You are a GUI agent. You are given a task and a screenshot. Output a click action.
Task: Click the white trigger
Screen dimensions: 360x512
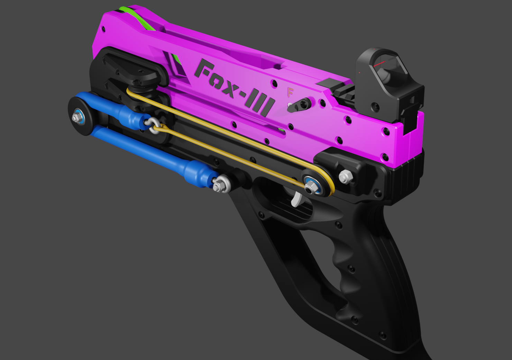pos(296,199)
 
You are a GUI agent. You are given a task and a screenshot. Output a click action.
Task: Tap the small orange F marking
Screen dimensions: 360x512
pos(290,92)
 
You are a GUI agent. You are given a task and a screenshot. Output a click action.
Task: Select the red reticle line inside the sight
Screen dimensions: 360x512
pos(381,63)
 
